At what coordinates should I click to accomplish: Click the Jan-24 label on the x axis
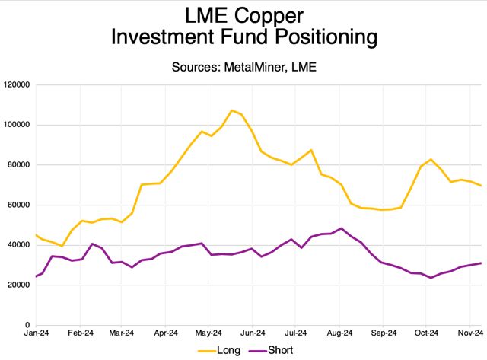pos(37,333)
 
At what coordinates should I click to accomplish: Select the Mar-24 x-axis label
pos(122,333)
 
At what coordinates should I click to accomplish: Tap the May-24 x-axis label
pos(208,333)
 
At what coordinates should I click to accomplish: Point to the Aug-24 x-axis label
pos(339,333)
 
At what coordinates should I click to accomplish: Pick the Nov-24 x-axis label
pos(470,333)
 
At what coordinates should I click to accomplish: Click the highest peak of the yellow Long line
pos(232,110)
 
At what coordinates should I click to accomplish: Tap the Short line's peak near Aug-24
pos(342,228)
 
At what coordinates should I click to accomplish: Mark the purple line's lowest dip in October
pos(431,278)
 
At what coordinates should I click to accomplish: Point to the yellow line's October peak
pos(431,159)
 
